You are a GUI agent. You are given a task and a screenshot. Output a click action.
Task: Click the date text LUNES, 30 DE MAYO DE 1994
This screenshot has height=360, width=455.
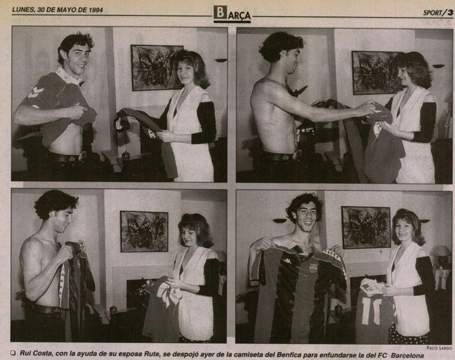[x=57, y=10]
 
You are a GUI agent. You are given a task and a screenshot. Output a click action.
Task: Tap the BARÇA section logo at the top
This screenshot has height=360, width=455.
[x=232, y=14]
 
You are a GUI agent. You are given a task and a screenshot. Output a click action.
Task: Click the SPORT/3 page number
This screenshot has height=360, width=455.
[x=438, y=13]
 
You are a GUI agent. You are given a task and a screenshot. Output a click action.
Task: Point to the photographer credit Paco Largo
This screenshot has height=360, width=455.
[x=439, y=347]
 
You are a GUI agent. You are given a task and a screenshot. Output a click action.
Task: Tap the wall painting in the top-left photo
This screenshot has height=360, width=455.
[x=157, y=68]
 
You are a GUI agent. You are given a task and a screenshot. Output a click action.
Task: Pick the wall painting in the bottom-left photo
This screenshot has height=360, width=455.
[x=144, y=231]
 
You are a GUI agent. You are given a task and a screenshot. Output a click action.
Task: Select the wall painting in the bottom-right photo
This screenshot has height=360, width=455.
[x=366, y=227]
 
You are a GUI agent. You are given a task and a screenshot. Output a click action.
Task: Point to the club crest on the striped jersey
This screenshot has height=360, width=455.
[x=313, y=268]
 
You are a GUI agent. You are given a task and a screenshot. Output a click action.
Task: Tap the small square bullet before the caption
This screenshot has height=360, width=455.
[x=13, y=354]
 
